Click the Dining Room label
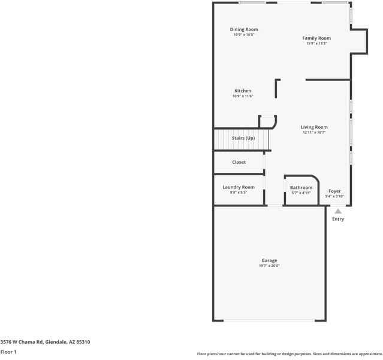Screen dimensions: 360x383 click(x=244, y=29)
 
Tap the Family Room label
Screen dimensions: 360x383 click(x=316, y=38)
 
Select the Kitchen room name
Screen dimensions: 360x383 click(x=243, y=91)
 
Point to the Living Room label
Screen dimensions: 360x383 click(x=314, y=127)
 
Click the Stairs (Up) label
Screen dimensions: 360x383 click(x=243, y=139)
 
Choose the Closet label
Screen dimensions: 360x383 click(x=239, y=162)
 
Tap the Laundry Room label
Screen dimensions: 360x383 click(x=239, y=187)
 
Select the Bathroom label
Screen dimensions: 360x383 click(x=301, y=188)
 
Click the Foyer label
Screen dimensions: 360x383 click(x=334, y=191)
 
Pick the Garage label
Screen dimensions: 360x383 click(x=269, y=260)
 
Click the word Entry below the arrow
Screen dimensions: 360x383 click(x=338, y=219)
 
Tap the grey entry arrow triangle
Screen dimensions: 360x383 click(x=338, y=211)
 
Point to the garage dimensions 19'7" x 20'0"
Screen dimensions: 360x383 click(x=269, y=265)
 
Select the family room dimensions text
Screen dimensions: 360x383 click(x=316, y=43)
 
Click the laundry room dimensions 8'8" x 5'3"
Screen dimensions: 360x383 click(x=239, y=192)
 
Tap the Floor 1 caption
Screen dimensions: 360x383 click(x=8, y=352)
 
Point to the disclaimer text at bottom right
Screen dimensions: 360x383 click(x=289, y=354)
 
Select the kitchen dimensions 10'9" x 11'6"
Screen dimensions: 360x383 click(x=243, y=96)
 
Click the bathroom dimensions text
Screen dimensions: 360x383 click(x=301, y=193)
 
